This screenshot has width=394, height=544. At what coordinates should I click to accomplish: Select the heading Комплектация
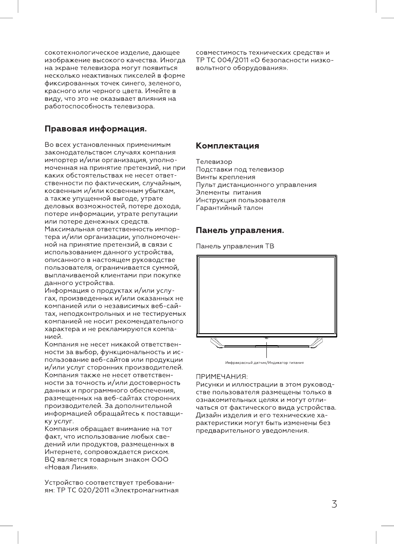227,146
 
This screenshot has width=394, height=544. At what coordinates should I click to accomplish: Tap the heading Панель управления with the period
240,231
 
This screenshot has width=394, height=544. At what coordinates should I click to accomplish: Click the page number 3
334,504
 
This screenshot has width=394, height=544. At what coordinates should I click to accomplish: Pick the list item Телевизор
214,162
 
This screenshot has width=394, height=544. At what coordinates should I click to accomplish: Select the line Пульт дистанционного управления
256,185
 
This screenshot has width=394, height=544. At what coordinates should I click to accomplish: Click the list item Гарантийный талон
229,208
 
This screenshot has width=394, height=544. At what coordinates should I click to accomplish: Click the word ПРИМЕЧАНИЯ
222,377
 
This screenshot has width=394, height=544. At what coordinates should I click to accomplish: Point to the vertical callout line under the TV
267,350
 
